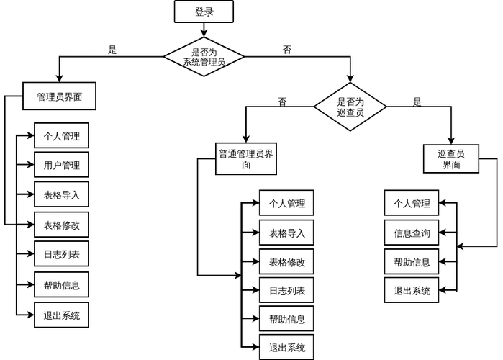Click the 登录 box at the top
pyautogui.click(x=204, y=12)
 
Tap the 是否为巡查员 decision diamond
pyautogui.click(x=350, y=107)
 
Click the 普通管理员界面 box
pyautogui.click(x=245, y=159)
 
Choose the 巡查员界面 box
pyautogui.click(x=450, y=159)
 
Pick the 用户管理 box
pyautogui.click(x=61, y=165)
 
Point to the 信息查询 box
pyautogui.click(x=411, y=233)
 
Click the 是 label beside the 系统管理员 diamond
pyautogui.click(x=112, y=50)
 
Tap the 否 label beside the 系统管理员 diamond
pyautogui.click(x=286, y=50)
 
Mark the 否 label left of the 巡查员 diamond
pyautogui.click(x=282, y=102)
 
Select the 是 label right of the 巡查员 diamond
pyautogui.click(x=417, y=102)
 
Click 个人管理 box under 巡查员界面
pyautogui.click(x=411, y=203)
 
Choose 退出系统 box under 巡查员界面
pyautogui.click(x=411, y=291)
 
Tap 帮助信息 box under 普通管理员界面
pyautogui.click(x=286, y=319)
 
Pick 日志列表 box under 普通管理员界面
pyautogui.click(x=286, y=290)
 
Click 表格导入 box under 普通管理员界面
pyautogui.click(x=286, y=233)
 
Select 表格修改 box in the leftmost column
pyautogui.click(x=61, y=225)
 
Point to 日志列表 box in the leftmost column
pyautogui.click(x=61, y=254)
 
